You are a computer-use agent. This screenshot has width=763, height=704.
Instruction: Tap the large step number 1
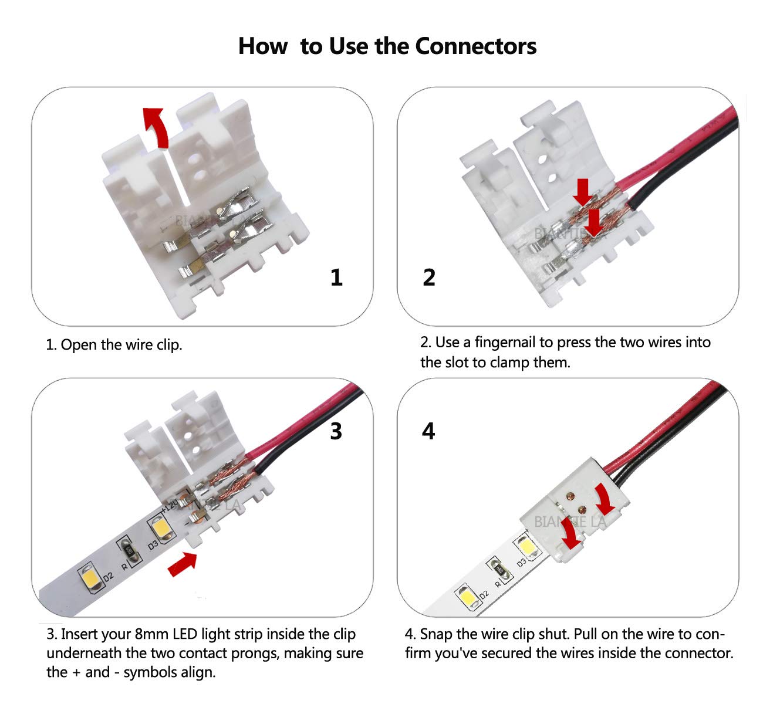[x=336, y=277]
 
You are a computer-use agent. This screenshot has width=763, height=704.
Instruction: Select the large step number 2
[x=429, y=277]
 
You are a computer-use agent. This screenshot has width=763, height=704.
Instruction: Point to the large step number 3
[x=336, y=431]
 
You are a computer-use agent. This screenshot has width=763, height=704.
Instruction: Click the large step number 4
[x=428, y=431]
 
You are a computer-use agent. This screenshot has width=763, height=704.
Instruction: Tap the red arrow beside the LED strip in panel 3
[x=182, y=564]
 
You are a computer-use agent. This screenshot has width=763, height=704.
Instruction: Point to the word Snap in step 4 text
[x=436, y=634]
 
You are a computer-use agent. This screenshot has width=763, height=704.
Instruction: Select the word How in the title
[x=262, y=46]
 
